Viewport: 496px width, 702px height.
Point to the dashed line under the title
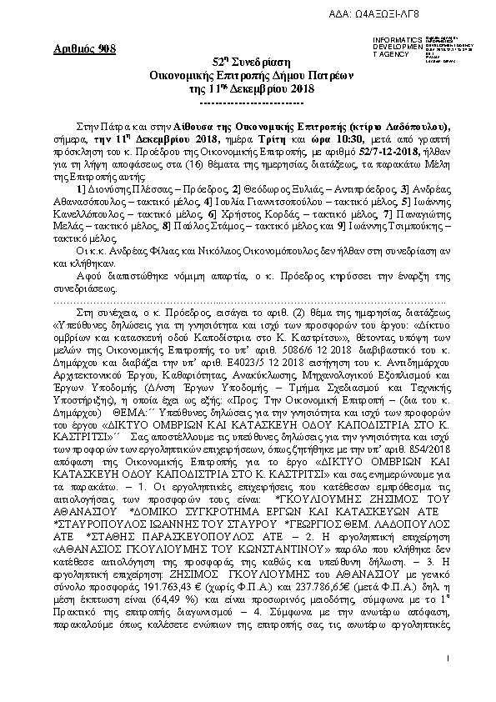pos(248,102)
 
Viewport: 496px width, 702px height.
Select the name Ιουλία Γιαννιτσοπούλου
pos(255,203)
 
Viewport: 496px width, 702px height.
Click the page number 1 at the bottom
pos(447,659)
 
